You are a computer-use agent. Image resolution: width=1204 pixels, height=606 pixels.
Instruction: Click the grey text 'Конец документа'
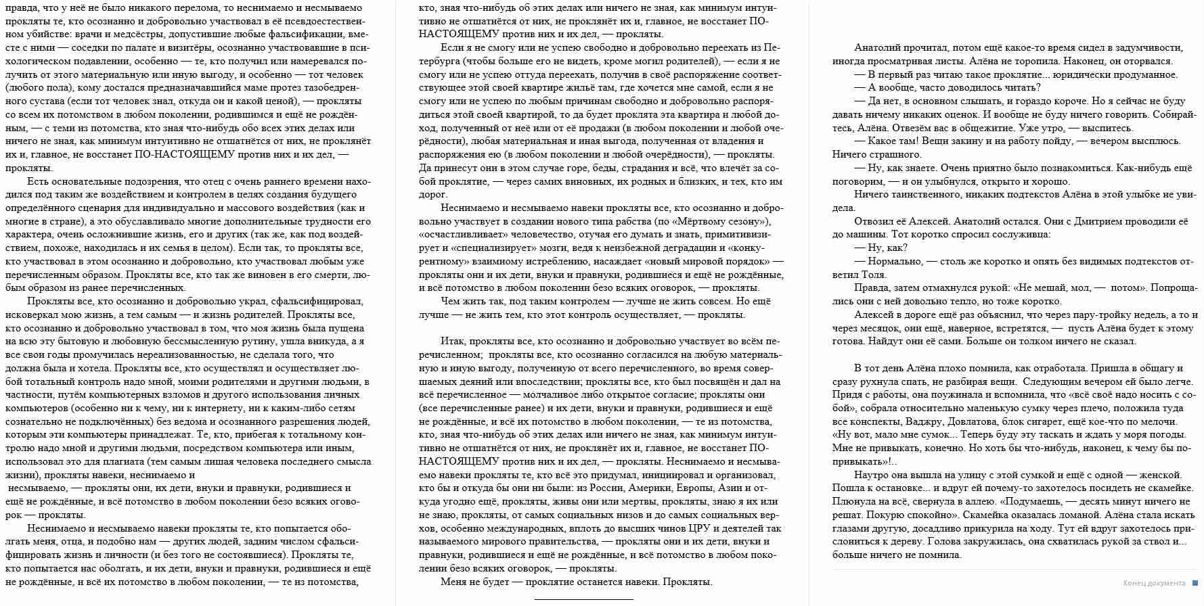(1154, 583)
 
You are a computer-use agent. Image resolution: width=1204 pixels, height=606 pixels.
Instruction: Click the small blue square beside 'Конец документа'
(1195, 583)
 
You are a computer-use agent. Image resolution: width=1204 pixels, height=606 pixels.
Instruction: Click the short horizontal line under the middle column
(583, 599)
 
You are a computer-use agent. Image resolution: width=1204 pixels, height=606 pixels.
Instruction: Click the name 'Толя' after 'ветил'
(874, 275)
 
